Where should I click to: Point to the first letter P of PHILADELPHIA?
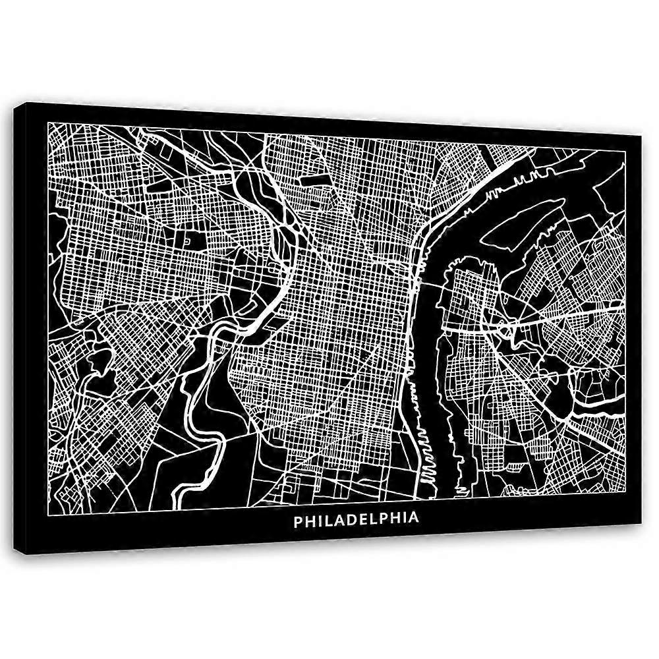(298, 519)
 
